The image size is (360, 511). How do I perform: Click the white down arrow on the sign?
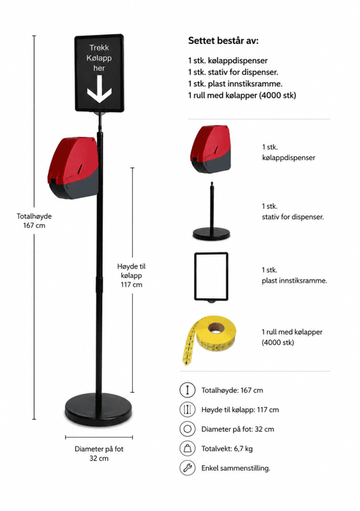(x=100, y=89)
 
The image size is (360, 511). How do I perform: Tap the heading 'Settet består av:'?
(x=223, y=41)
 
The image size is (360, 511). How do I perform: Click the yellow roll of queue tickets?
(x=209, y=339)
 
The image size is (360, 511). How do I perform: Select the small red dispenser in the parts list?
(x=211, y=149)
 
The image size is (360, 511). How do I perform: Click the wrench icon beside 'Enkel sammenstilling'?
(x=187, y=468)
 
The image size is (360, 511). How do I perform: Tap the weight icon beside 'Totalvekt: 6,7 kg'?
(x=187, y=448)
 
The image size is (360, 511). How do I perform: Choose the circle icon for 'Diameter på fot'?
(x=187, y=429)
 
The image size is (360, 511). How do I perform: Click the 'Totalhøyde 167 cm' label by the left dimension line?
(x=34, y=220)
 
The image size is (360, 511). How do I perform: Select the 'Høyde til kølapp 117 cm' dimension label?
(x=131, y=275)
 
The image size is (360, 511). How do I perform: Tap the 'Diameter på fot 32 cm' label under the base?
(x=99, y=454)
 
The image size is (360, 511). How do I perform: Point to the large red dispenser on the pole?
(x=73, y=167)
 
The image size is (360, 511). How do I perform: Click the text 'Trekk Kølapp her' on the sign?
(x=99, y=57)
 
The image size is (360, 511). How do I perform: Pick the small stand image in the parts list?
(x=211, y=211)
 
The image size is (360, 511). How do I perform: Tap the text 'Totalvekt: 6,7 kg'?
(x=227, y=449)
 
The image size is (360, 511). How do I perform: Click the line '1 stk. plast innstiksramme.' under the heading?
(x=236, y=84)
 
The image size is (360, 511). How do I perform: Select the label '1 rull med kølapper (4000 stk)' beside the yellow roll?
(x=292, y=337)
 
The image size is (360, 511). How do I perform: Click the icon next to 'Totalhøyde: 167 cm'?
(x=187, y=390)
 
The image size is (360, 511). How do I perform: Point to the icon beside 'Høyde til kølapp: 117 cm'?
(x=187, y=409)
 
